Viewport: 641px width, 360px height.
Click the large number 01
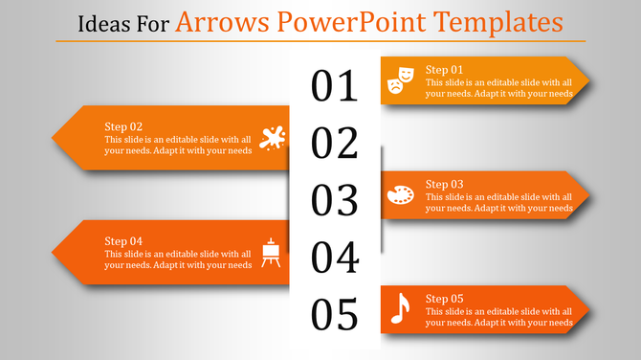click(x=334, y=86)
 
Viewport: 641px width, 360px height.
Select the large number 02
click(x=334, y=144)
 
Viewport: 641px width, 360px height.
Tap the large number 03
click(x=334, y=200)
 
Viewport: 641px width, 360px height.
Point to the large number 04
click(x=334, y=258)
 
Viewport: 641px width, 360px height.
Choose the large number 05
click(x=334, y=314)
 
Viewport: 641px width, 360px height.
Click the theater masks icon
click(x=400, y=80)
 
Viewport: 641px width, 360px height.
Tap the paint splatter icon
click(x=272, y=138)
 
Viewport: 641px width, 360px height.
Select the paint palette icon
click(x=400, y=195)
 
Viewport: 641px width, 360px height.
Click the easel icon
click(x=272, y=252)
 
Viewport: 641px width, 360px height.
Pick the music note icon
click(x=400, y=309)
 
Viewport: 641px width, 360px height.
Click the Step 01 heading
click(x=444, y=70)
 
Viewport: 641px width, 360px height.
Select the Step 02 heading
click(x=123, y=126)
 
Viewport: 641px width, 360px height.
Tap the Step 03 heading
click(x=444, y=184)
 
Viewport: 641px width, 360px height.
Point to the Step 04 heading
click(x=123, y=240)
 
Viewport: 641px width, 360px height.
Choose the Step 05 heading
click(x=444, y=298)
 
